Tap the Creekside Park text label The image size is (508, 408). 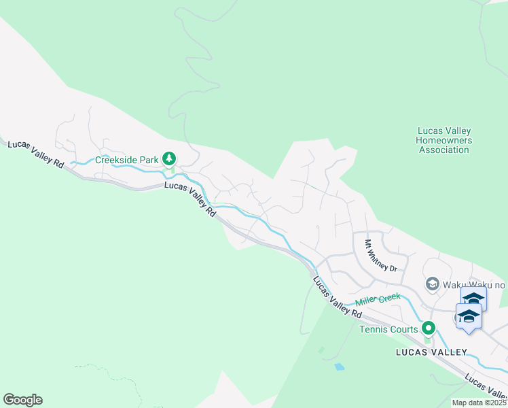[126, 160]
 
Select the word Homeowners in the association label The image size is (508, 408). [443, 140]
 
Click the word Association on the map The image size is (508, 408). [443, 150]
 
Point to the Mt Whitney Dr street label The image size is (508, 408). [380, 256]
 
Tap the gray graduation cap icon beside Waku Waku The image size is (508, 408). [431, 284]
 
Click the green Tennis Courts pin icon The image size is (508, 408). [428, 329]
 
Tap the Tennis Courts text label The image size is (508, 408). [388, 330]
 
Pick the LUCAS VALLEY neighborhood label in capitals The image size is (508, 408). [432, 352]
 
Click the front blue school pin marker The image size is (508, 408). [469, 317]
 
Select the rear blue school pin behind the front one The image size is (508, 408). [473, 297]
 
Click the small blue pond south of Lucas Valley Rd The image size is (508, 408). [339, 367]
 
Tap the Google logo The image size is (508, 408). [22, 400]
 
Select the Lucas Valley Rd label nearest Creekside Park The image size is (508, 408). [190, 200]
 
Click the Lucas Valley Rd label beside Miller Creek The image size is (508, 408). [337, 296]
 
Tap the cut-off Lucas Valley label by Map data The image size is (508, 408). [486, 388]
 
